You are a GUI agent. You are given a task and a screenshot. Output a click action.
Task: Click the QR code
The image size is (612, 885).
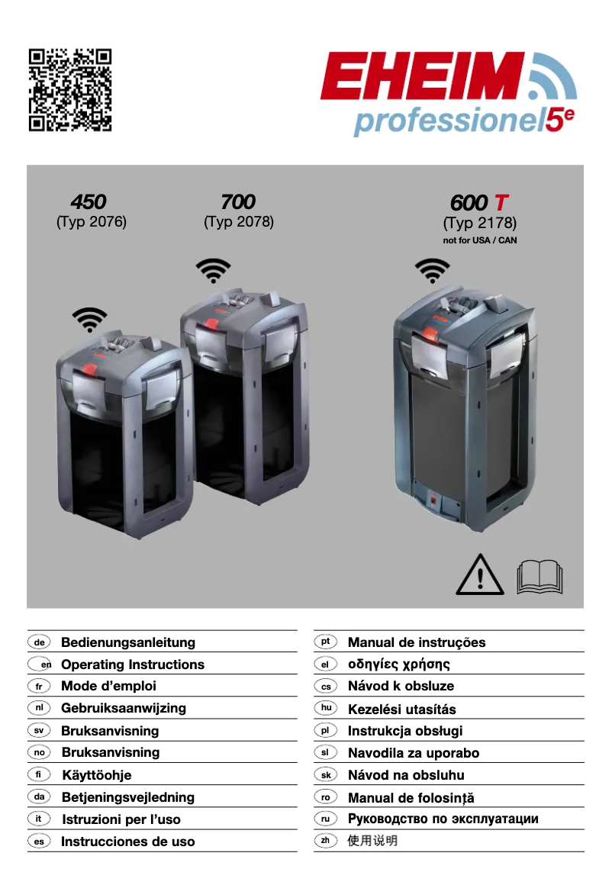(70, 90)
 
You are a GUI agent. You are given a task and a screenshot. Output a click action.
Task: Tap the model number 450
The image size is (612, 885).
(89, 202)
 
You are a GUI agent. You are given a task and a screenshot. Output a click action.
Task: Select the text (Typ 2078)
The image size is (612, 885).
(238, 222)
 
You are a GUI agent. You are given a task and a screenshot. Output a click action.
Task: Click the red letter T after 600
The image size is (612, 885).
(501, 203)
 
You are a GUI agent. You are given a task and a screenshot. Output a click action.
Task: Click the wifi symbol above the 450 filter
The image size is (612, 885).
(90, 319)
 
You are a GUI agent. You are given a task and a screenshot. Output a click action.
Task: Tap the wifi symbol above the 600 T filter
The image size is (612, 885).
(432, 270)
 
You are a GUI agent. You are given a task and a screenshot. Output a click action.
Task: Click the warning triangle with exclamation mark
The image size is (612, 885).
(480, 577)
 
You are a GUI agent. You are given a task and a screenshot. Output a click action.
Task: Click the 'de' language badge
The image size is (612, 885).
(39, 642)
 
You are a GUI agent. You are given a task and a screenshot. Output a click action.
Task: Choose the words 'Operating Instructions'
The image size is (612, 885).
(133, 665)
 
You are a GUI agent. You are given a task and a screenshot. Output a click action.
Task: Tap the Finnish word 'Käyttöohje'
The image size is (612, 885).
(97, 775)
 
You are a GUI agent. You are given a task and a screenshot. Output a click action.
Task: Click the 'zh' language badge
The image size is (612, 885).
(325, 841)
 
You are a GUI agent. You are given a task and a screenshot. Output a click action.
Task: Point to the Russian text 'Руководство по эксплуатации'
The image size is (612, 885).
(443, 819)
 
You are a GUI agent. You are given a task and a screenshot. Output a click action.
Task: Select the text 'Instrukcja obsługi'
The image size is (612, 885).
(405, 731)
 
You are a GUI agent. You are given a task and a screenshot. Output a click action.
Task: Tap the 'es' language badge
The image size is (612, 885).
(39, 842)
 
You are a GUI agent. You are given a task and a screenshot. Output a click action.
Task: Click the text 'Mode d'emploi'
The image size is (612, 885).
(108, 686)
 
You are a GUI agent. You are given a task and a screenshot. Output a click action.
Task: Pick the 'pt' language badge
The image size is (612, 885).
(325, 642)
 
